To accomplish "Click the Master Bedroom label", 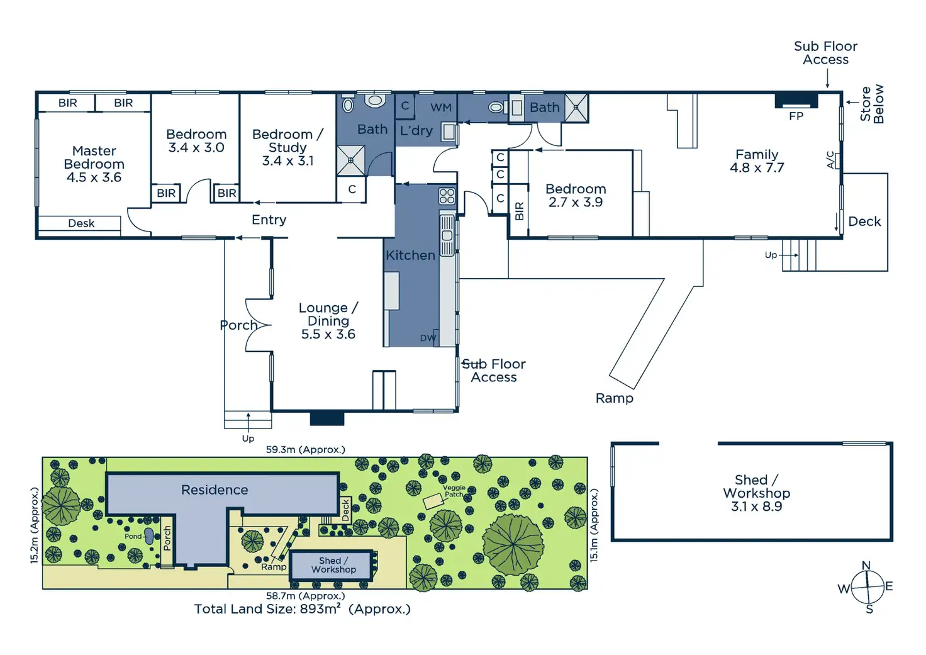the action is (x=94, y=164).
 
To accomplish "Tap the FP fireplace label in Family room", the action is (x=796, y=116).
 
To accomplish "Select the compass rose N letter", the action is (x=866, y=566).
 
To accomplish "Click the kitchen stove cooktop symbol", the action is (x=447, y=196).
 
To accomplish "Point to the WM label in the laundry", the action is (x=441, y=108).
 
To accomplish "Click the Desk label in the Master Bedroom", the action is (x=81, y=223).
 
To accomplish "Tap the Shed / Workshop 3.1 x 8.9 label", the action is (x=756, y=493).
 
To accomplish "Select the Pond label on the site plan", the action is (x=133, y=537).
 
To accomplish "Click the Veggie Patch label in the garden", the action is (x=454, y=491).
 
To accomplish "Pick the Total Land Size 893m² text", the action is (x=302, y=609).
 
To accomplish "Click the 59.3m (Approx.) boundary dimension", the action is (x=305, y=449).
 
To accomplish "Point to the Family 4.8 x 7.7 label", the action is (x=757, y=161).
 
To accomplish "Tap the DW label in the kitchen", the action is (x=428, y=338).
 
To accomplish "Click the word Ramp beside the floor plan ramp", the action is (x=615, y=398).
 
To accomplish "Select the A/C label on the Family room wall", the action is (x=830, y=160).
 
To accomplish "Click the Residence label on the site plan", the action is (x=215, y=490).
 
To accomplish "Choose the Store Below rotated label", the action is (x=872, y=104).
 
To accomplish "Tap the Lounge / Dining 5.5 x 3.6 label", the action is (x=328, y=321).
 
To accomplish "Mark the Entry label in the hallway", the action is (x=269, y=220).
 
